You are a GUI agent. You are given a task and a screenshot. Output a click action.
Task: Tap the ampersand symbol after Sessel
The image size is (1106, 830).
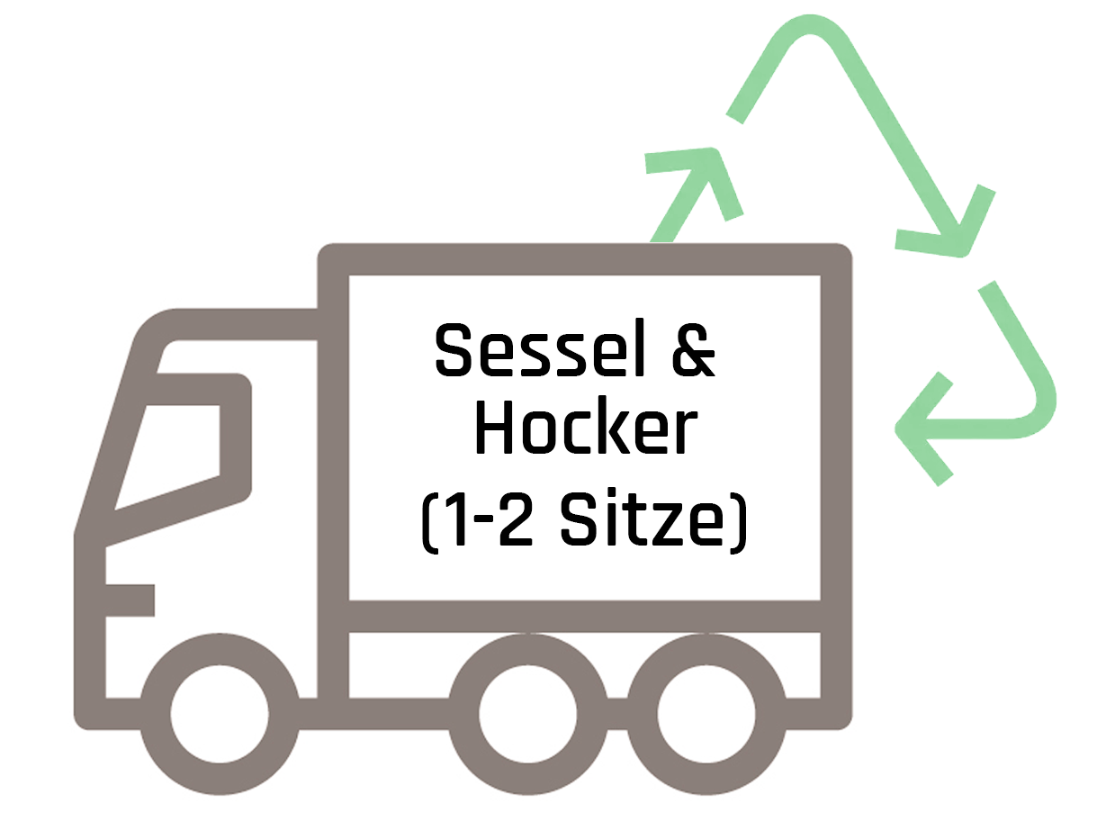[x=695, y=350]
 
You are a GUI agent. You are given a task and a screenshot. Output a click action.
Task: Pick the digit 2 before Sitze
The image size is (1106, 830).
[x=516, y=519]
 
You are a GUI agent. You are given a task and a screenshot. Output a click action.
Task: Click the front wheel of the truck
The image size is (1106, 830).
[x=220, y=713]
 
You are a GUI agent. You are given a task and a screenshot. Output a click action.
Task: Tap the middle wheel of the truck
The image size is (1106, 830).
[x=528, y=713]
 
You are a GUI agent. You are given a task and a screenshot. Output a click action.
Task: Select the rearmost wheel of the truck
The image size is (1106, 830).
[x=706, y=713]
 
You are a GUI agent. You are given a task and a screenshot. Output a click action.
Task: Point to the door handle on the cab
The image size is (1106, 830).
[x=130, y=600]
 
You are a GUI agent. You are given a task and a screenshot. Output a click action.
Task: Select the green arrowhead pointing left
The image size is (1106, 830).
[x=924, y=429]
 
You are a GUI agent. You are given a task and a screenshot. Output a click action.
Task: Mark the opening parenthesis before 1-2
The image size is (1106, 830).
[x=427, y=521]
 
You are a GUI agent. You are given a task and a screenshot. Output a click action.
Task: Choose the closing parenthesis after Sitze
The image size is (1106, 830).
[x=739, y=521]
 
